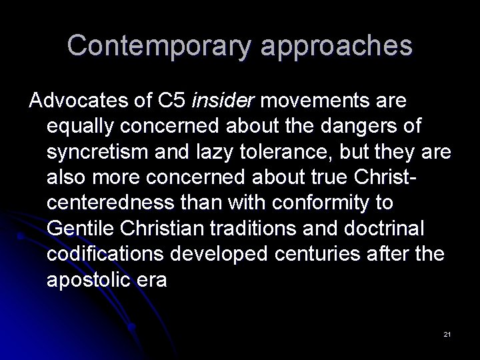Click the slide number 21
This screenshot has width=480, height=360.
447,333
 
